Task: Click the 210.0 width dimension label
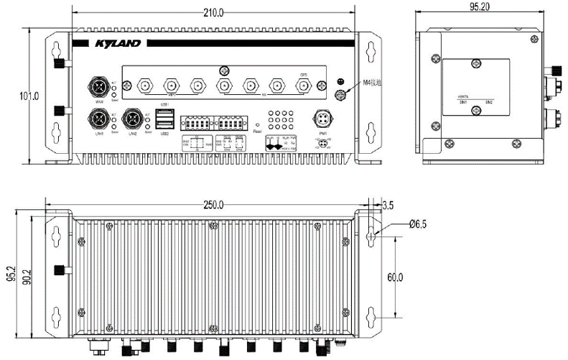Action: (x=214, y=13)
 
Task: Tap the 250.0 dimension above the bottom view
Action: (x=214, y=205)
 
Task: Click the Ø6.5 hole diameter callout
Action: (x=418, y=224)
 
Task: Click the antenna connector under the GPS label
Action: (x=304, y=85)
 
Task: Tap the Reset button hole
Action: (x=257, y=124)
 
